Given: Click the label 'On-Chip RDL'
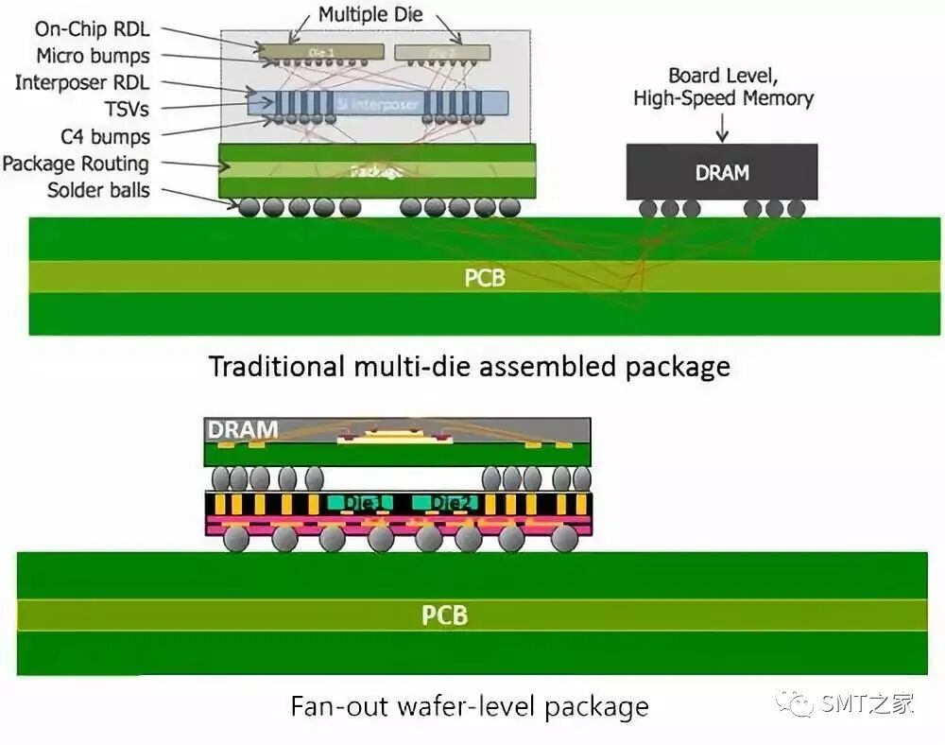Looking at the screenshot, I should coord(92,30).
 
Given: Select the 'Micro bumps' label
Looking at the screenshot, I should coord(93,56).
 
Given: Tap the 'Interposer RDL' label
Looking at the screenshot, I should coord(81,83).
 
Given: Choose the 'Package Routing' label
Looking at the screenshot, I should coord(76,164).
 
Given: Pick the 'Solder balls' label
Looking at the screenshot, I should coord(98,190).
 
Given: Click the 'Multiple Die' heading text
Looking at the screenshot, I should coord(370,15).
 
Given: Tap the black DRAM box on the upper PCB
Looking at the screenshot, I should coord(722,172).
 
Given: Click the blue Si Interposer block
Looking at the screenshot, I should coord(378,103).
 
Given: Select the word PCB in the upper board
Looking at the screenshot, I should coord(485,279).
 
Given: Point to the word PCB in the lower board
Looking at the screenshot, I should coord(444,616).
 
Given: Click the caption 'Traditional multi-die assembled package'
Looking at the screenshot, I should coord(469,366).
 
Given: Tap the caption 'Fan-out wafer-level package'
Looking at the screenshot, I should coord(469,705).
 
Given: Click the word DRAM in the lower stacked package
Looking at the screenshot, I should coord(243,430).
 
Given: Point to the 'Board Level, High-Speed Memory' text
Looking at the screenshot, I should coord(723,86).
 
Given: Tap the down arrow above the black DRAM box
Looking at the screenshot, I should coord(722,127).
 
